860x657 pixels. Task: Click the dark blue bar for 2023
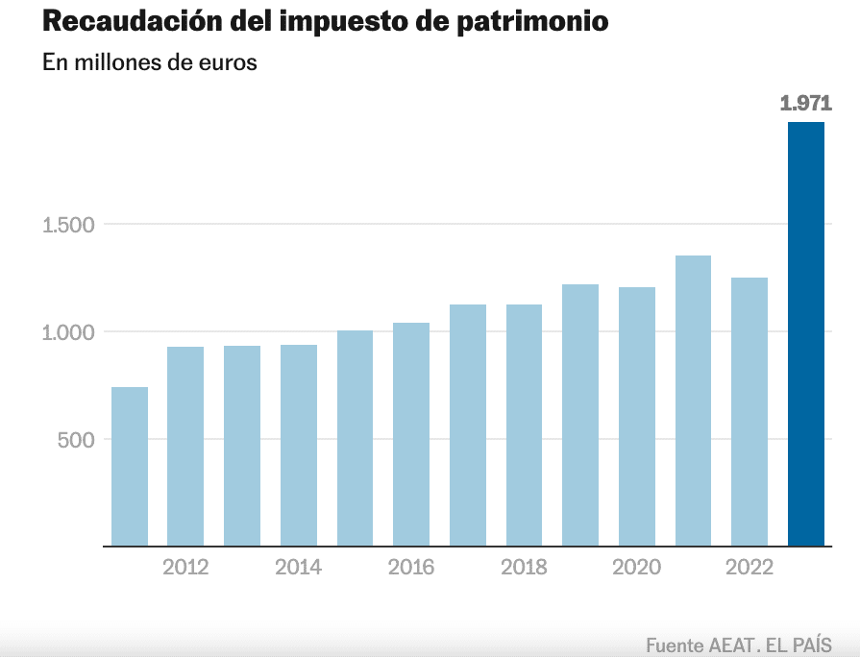[806, 334]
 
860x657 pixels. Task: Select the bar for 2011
[130, 467]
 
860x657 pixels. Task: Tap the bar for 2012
[185, 447]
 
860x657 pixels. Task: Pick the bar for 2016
[411, 434]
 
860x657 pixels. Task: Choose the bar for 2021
[693, 401]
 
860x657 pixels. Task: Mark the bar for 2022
[749, 412]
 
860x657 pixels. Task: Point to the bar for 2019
[580, 415]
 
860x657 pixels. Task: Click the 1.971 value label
[805, 104]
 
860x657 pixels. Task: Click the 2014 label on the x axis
[298, 568]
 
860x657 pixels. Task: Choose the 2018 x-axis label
[524, 568]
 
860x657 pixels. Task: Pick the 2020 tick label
[636, 568]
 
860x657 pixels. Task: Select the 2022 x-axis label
[749, 568]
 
